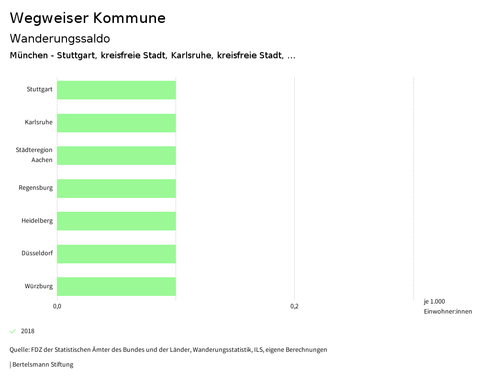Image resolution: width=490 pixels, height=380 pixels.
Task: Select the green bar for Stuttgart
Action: [x=116, y=90]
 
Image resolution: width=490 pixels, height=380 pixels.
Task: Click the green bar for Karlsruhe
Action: [x=116, y=123]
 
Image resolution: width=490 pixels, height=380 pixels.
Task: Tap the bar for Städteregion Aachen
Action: [x=116, y=155]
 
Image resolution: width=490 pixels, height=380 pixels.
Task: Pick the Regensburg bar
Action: [x=116, y=188]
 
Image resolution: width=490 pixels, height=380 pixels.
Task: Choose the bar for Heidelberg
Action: [x=116, y=221]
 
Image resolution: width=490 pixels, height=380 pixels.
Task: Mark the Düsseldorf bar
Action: [x=116, y=254]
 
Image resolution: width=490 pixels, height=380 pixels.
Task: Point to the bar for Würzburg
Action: [x=116, y=286]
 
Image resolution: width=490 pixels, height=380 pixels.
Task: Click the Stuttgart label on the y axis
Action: [x=40, y=90]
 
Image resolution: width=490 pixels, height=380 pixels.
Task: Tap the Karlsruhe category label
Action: [x=39, y=122]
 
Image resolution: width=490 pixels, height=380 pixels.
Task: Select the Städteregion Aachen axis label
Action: [x=34, y=155]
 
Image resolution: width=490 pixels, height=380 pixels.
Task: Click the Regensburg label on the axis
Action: [x=36, y=188]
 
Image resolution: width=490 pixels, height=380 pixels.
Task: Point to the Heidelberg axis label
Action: [x=37, y=221]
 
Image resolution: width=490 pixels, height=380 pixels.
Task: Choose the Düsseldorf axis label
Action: [x=37, y=253]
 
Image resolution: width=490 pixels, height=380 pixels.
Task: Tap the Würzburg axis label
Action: [x=39, y=286]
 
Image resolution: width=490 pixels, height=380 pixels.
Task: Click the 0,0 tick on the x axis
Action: [x=57, y=306]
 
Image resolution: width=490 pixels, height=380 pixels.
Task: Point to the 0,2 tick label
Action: [x=294, y=306]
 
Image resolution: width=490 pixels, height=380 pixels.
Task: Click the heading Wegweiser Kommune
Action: [x=88, y=18]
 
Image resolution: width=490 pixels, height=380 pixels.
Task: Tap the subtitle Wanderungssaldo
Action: [x=60, y=39]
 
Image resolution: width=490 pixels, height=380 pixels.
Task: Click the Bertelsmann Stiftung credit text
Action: [x=42, y=365]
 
